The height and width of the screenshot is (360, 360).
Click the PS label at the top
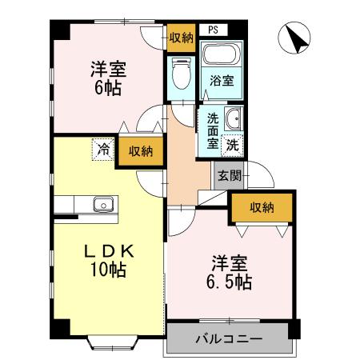pos(213,30)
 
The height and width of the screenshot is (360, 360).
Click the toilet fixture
pos(181,77)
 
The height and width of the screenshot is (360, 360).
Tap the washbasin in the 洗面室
pos(233,121)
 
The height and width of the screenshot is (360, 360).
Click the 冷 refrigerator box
pos(102,147)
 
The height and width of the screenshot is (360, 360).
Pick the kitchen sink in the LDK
pos(102,204)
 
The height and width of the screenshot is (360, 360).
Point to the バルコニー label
pos(228,339)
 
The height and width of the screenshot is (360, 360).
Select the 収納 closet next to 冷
pos(141,151)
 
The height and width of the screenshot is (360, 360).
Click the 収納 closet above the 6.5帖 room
pos(261,207)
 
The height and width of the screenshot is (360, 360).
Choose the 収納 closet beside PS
pos(181,37)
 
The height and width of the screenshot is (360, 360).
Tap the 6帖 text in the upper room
pos(106,86)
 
